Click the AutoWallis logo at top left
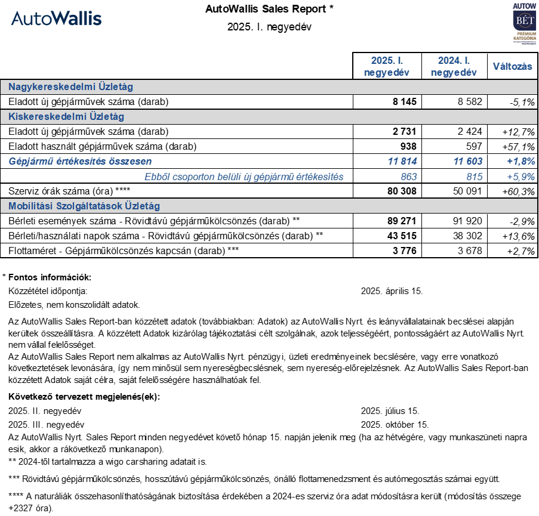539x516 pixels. pos(57,18)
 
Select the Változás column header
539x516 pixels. pos(512,67)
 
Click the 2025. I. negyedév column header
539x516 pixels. pos(387,67)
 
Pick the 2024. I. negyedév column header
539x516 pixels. pos(454,67)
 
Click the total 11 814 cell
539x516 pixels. pos(402,161)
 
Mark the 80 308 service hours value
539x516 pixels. pos(402,191)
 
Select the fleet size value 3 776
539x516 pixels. pos(404,251)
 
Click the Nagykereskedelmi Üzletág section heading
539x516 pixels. pos(70,87)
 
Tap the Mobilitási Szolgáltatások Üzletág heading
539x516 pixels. pos(84,206)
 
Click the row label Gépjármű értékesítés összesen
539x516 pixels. pos(80,161)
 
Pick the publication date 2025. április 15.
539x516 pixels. pos(392,291)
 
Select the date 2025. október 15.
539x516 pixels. pos(395,425)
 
